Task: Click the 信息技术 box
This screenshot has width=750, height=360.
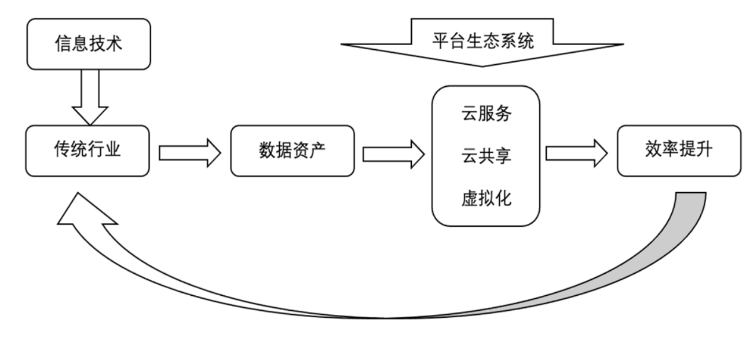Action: pos(89,44)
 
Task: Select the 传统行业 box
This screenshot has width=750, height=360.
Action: pos(89,150)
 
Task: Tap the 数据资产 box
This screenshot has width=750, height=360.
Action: pos(292,150)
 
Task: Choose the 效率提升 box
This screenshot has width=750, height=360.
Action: pos(678,150)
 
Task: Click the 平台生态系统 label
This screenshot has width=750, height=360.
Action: pos(482,41)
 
